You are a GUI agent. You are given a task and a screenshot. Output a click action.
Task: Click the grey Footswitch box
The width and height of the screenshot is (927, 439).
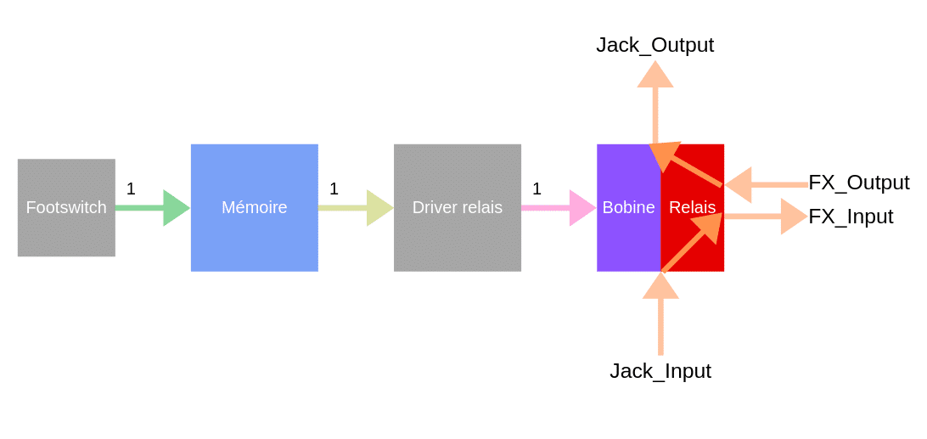pos(66,208)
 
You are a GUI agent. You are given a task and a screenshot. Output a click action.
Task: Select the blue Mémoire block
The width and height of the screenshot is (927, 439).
pos(254,208)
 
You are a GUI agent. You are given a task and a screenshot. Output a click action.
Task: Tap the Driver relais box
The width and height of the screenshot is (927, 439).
pos(458,208)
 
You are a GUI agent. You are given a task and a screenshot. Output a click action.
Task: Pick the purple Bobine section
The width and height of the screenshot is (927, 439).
pos(628,208)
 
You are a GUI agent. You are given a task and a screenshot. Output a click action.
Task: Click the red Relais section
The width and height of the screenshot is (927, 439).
pos(693,208)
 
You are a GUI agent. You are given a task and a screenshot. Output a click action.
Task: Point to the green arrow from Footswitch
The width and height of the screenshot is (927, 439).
pos(153,208)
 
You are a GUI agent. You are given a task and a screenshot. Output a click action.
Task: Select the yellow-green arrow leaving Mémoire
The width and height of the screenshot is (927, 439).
pos(356,208)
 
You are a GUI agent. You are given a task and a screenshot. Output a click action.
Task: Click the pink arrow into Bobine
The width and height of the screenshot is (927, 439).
pos(559,208)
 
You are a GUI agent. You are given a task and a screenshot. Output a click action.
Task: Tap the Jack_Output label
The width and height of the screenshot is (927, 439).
pos(655,45)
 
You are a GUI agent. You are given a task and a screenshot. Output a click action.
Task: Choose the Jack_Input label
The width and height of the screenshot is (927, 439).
pos(660,371)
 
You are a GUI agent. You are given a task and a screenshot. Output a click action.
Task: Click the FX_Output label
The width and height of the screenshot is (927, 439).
pos(859,183)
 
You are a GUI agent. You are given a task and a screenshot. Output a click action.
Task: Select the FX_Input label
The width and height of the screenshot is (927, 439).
pos(851,217)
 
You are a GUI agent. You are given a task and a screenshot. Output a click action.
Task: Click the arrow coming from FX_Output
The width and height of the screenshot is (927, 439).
pos(767,185)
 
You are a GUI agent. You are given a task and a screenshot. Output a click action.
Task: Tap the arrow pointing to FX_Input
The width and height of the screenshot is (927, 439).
pos(767,217)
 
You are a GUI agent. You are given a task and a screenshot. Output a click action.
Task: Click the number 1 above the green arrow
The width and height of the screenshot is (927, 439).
pos(131,189)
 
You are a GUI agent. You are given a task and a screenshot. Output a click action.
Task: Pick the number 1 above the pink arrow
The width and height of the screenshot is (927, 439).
pos(537,189)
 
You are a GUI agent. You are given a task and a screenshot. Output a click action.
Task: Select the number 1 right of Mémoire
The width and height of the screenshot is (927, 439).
pos(334,189)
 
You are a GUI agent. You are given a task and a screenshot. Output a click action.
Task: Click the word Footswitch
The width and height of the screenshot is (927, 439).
pos(66,208)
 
